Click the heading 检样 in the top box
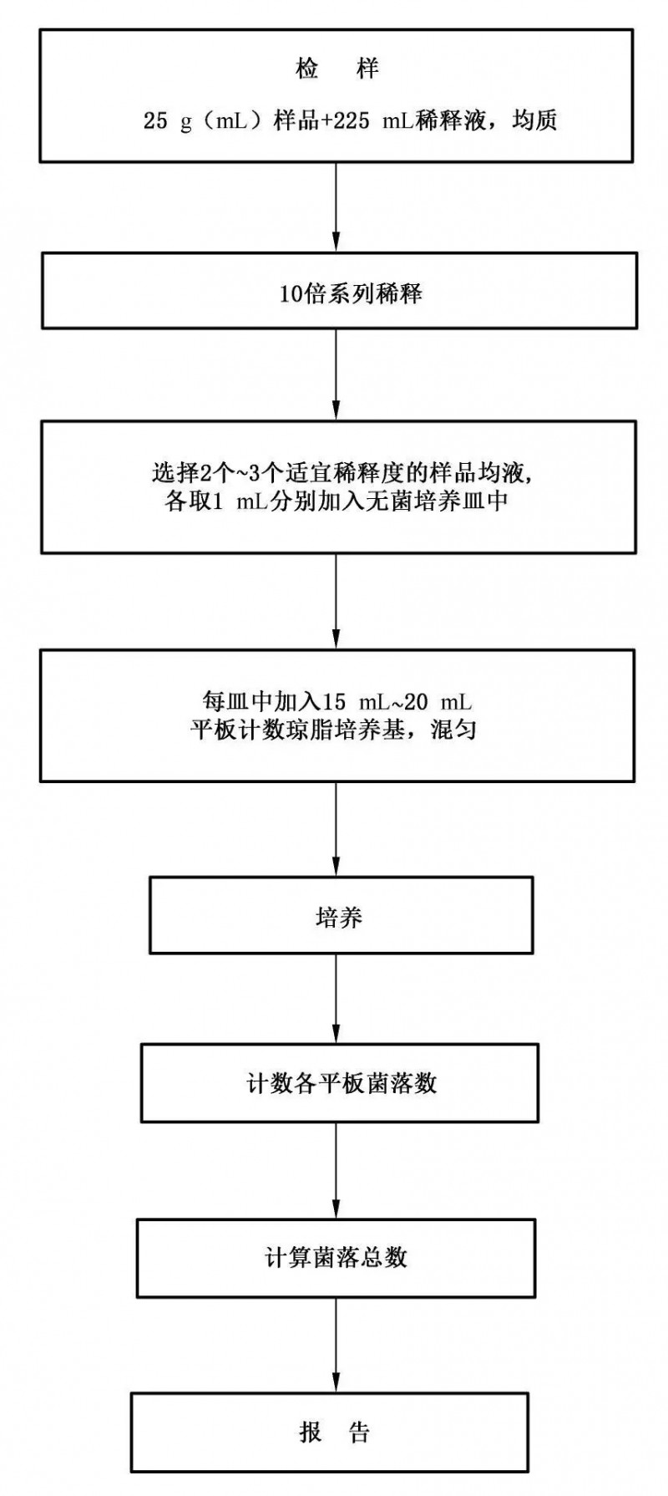click(337, 69)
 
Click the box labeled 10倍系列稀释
click(337, 293)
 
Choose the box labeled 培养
click(341, 915)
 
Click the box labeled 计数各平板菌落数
click(339, 1082)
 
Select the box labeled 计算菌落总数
click(337, 1258)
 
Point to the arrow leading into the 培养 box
click(337, 829)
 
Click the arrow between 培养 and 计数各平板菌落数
click(337, 999)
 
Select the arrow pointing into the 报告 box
click(337, 1346)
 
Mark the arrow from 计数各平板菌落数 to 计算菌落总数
click(337, 1171)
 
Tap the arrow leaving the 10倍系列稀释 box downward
click(337, 375)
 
